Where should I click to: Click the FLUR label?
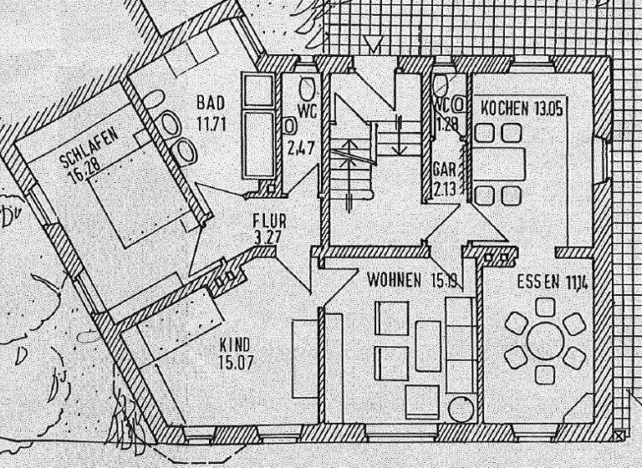click(270, 221)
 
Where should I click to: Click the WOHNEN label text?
click(394, 281)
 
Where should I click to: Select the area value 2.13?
click(444, 188)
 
